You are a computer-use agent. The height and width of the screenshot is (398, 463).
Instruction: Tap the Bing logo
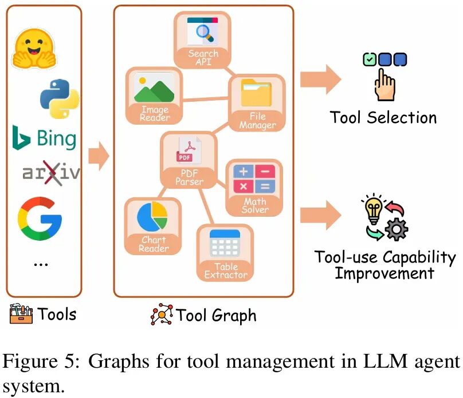[x=44, y=138]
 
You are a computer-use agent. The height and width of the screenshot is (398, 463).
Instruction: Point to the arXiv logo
[x=50, y=173]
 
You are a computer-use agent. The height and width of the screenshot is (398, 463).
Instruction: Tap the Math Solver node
[x=255, y=188]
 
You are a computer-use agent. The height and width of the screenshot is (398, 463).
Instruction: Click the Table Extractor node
[x=226, y=253]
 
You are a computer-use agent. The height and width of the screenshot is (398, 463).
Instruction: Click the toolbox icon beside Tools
[x=21, y=314]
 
